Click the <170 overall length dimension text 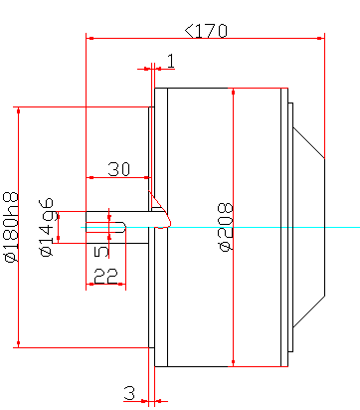click(206, 31)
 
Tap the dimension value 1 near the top click(171, 61)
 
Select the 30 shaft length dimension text click(119, 169)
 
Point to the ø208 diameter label click(226, 227)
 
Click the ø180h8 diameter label click(11, 227)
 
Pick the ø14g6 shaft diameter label click(47, 228)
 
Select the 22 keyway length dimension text click(105, 276)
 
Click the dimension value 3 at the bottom click(130, 393)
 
